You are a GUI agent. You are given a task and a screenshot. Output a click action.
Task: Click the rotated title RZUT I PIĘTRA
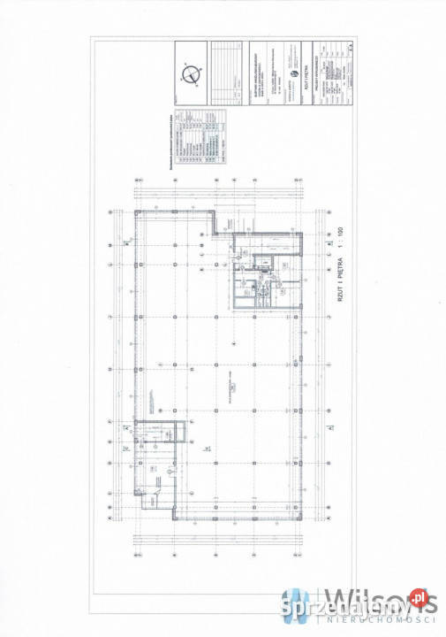[338, 281]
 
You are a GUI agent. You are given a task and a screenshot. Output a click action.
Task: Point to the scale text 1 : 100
[338, 238]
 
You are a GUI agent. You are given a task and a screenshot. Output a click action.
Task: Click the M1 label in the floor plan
[207, 449]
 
